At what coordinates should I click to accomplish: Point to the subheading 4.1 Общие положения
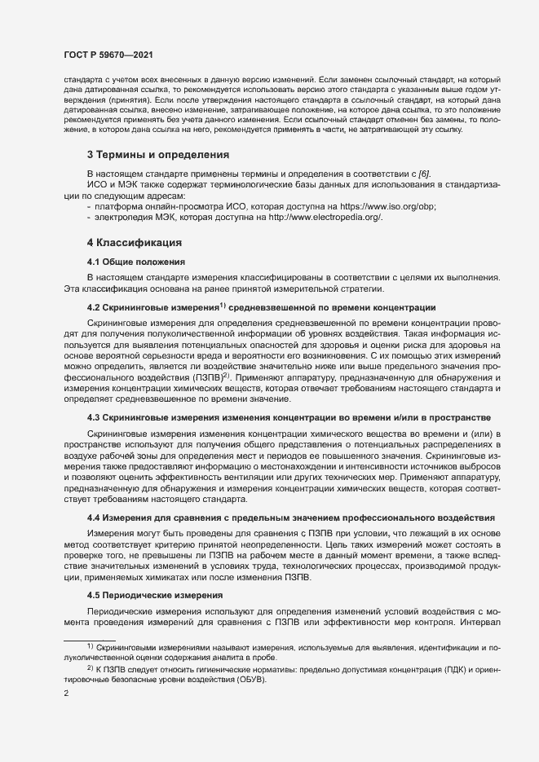tap(136, 262)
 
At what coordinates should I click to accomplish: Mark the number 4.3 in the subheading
tap(95, 417)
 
